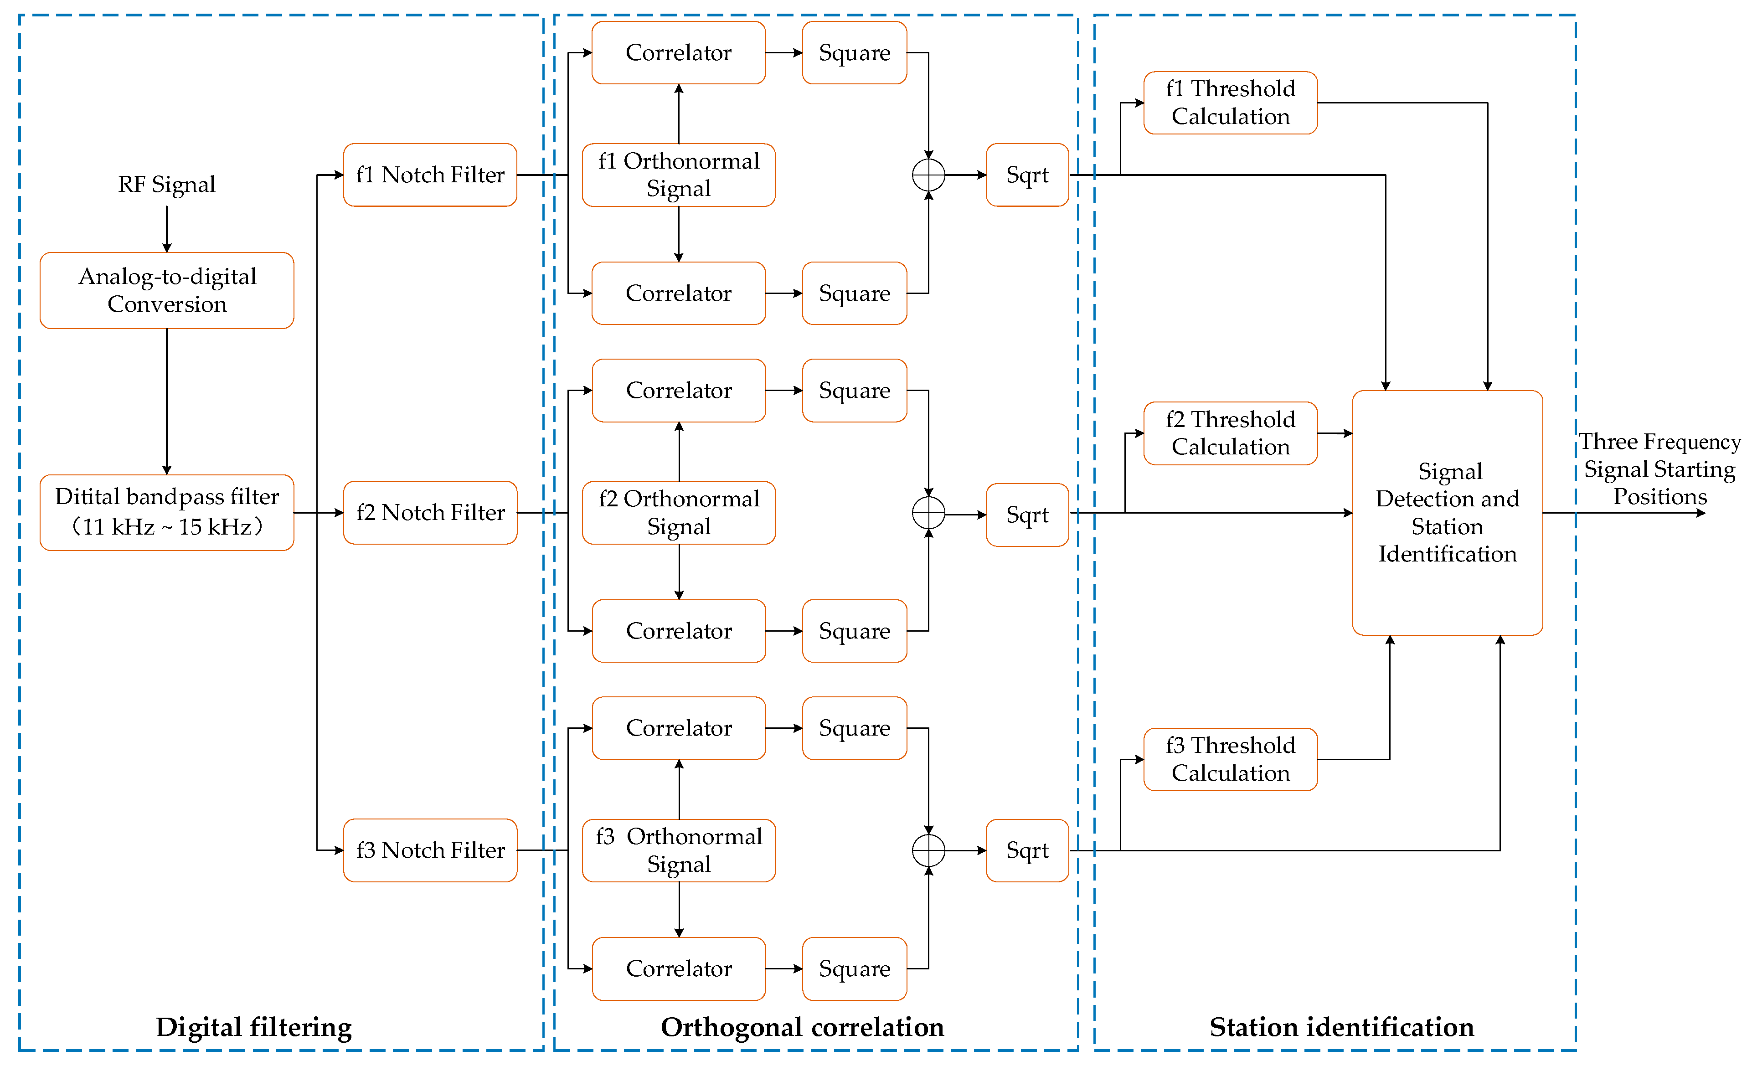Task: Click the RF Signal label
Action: tap(166, 184)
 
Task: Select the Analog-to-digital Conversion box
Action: tap(166, 290)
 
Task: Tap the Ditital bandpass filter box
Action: tap(166, 512)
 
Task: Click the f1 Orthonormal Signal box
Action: tap(678, 175)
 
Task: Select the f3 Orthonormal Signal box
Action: tap(678, 850)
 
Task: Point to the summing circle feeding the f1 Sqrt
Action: tap(928, 175)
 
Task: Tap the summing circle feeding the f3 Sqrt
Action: tap(928, 850)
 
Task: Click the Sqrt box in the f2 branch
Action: tap(1027, 515)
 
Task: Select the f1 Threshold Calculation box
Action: tap(1230, 103)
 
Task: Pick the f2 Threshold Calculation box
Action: tap(1230, 433)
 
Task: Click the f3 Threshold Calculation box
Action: tap(1230, 759)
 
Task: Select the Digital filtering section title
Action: tap(254, 1027)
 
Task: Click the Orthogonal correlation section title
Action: tap(802, 1027)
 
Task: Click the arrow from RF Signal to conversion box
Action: tap(166, 229)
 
